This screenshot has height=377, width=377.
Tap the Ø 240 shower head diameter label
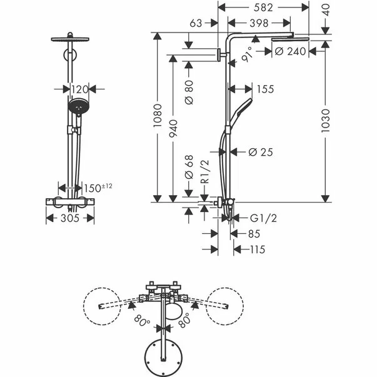pos(290,51)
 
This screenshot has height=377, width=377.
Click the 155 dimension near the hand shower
pos(265,89)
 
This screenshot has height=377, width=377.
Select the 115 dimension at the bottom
pos(256,249)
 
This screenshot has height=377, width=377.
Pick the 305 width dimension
pos(70,218)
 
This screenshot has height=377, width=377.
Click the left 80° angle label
pos(141,323)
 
